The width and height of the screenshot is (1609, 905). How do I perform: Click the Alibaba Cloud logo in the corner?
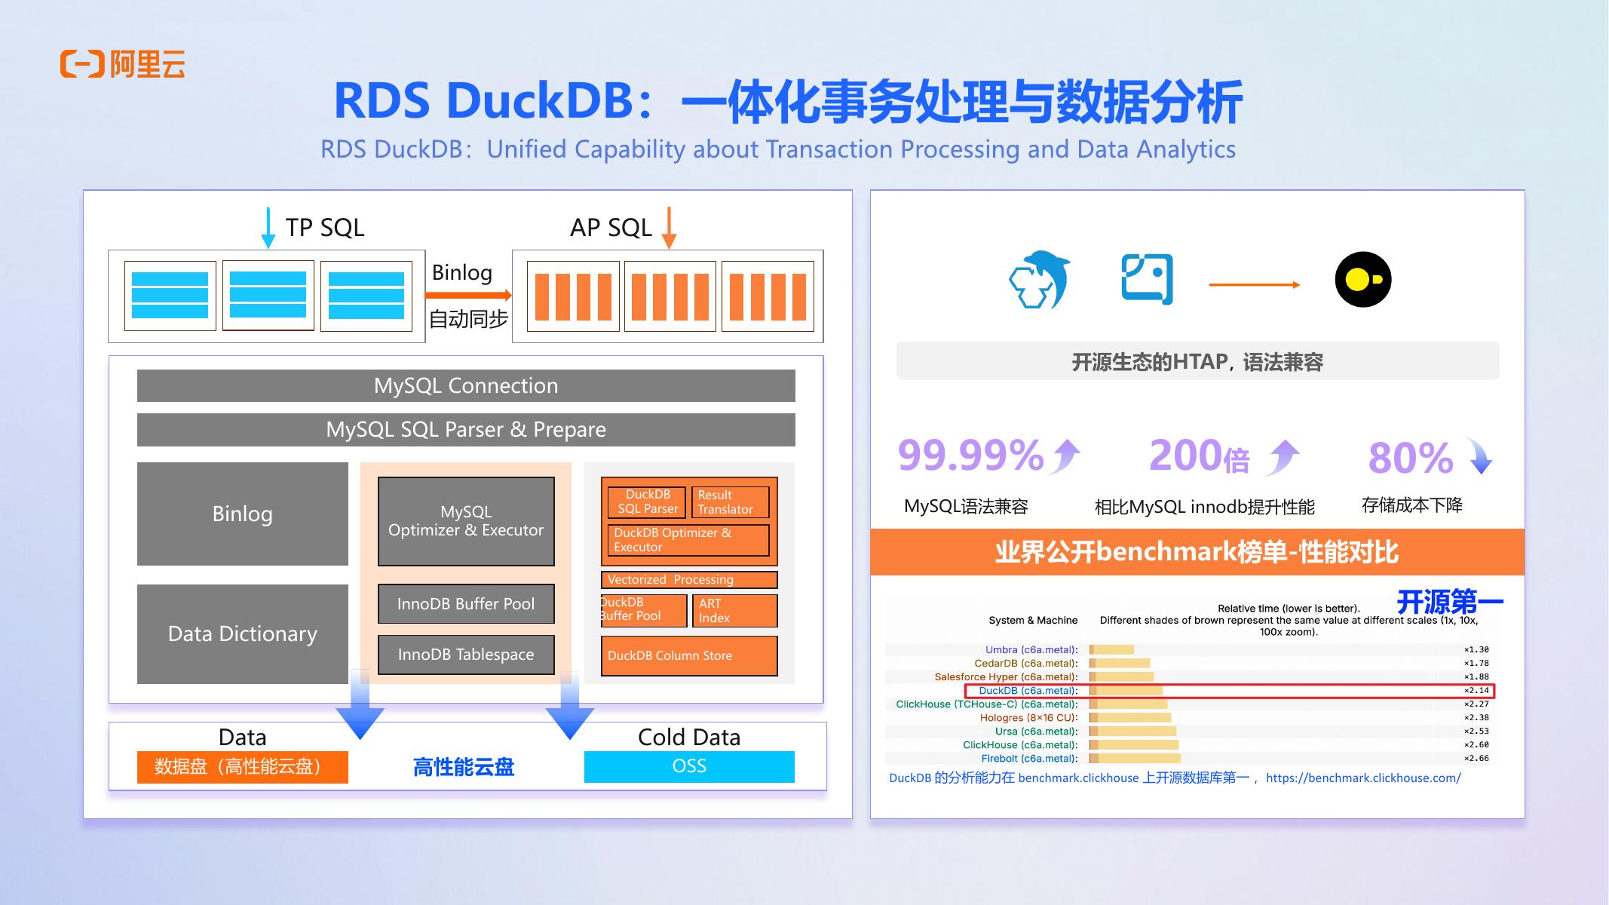point(122,64)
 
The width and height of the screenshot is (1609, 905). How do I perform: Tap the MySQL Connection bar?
point(466,385)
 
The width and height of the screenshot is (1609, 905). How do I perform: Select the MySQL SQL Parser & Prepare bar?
point(466,429)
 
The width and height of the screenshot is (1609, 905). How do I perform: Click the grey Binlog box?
point(242,514)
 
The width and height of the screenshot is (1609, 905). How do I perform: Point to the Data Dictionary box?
point(242,633)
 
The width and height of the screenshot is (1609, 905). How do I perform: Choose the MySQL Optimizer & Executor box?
point(466,521)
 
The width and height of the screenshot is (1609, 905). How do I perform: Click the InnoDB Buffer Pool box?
point(466,603)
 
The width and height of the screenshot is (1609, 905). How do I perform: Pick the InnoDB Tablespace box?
point(466,655)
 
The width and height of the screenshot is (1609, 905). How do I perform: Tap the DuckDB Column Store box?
point(688,655)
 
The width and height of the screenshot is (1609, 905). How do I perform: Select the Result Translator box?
point(729,502)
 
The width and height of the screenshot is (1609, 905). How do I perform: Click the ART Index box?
point(734,611)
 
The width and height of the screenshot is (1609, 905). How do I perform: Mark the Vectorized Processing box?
point(688,579)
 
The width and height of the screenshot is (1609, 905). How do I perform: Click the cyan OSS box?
point(689,766)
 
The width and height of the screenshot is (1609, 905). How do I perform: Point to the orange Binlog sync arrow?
point(468,295)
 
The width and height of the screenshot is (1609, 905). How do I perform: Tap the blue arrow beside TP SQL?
point(268,228)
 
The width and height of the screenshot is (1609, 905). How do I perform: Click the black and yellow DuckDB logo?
point(1362,280)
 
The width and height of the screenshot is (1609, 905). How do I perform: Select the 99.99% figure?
point(970,456)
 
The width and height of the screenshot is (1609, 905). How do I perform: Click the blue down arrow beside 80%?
point(1481,457)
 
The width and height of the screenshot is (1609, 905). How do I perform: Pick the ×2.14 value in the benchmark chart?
point(1476,691)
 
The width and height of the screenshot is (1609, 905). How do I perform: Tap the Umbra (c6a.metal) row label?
point(1031,649)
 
